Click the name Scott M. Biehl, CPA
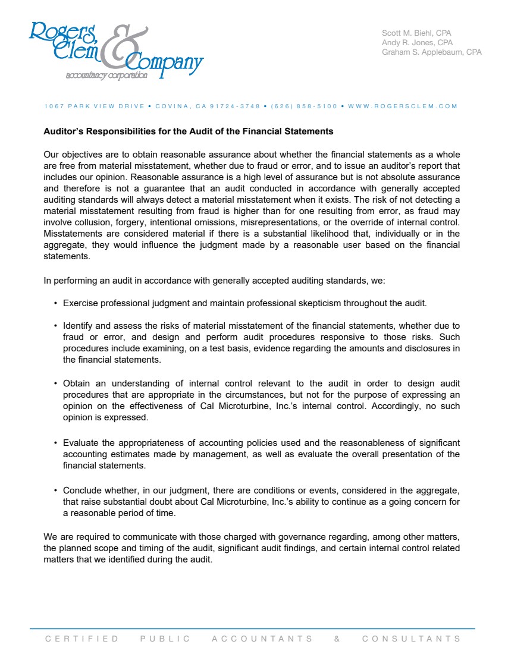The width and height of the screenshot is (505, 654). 417,33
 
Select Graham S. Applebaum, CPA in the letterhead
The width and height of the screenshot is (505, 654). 431,52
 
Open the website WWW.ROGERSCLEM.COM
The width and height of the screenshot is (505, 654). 403,106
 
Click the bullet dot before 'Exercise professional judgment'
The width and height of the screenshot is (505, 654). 55,303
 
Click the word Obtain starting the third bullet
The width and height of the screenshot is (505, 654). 76,384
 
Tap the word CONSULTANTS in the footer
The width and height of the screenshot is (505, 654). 411,639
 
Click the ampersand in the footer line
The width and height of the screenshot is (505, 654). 337,639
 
